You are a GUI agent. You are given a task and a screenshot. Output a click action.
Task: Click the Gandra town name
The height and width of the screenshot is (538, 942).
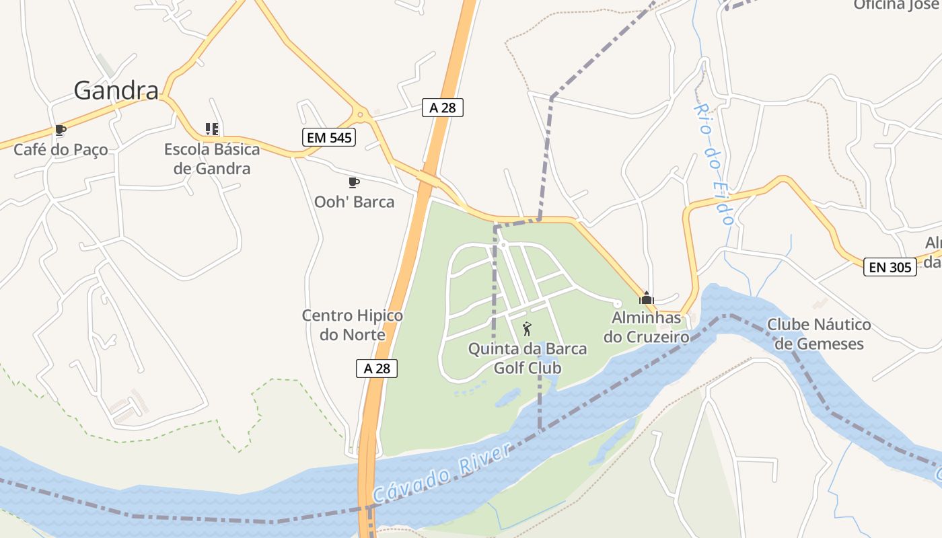[x=116, y=90]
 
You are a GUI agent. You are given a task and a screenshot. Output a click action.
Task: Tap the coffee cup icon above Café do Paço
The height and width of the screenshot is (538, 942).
[x=61, y=130]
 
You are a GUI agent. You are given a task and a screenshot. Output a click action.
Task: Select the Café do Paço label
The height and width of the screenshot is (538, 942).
[x=61, y=149]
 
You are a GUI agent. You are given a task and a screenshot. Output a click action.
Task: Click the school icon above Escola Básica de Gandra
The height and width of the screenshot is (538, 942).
[x=212, y=128]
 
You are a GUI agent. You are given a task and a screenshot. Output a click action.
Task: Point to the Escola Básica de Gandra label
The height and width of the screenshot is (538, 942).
[x=212, y=159]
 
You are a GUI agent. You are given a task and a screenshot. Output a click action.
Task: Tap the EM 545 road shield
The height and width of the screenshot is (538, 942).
[x=328, y=137]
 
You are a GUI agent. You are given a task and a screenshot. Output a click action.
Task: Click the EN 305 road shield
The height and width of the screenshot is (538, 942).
[x=890, y=267]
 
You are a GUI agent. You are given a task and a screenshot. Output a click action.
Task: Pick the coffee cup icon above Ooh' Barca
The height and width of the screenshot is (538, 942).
[x=354, y=182]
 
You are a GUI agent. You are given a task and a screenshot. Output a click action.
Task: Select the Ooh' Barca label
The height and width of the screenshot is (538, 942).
[x=354, y=201]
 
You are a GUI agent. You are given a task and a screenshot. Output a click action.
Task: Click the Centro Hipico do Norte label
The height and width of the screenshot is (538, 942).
[x=353, y=325]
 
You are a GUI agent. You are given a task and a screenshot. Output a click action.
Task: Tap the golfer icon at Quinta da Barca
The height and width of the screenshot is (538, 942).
[x=527, y=329]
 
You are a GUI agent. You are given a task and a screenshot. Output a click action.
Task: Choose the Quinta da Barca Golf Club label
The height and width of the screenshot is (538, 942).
[x=528, y=358]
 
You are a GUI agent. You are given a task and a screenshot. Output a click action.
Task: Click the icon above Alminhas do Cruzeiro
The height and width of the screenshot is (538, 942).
[x=646, y=298]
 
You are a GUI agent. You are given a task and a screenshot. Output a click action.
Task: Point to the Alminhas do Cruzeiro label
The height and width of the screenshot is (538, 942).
[x=646, y=326]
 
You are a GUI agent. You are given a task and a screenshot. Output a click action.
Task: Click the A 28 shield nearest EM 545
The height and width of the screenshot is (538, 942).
[x=443, y=107]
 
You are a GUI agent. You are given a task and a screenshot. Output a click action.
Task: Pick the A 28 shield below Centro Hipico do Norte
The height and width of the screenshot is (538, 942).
[x=377, y=368]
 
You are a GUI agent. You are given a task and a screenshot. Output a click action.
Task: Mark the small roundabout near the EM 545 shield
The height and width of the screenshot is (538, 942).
[x=361, y=115]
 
